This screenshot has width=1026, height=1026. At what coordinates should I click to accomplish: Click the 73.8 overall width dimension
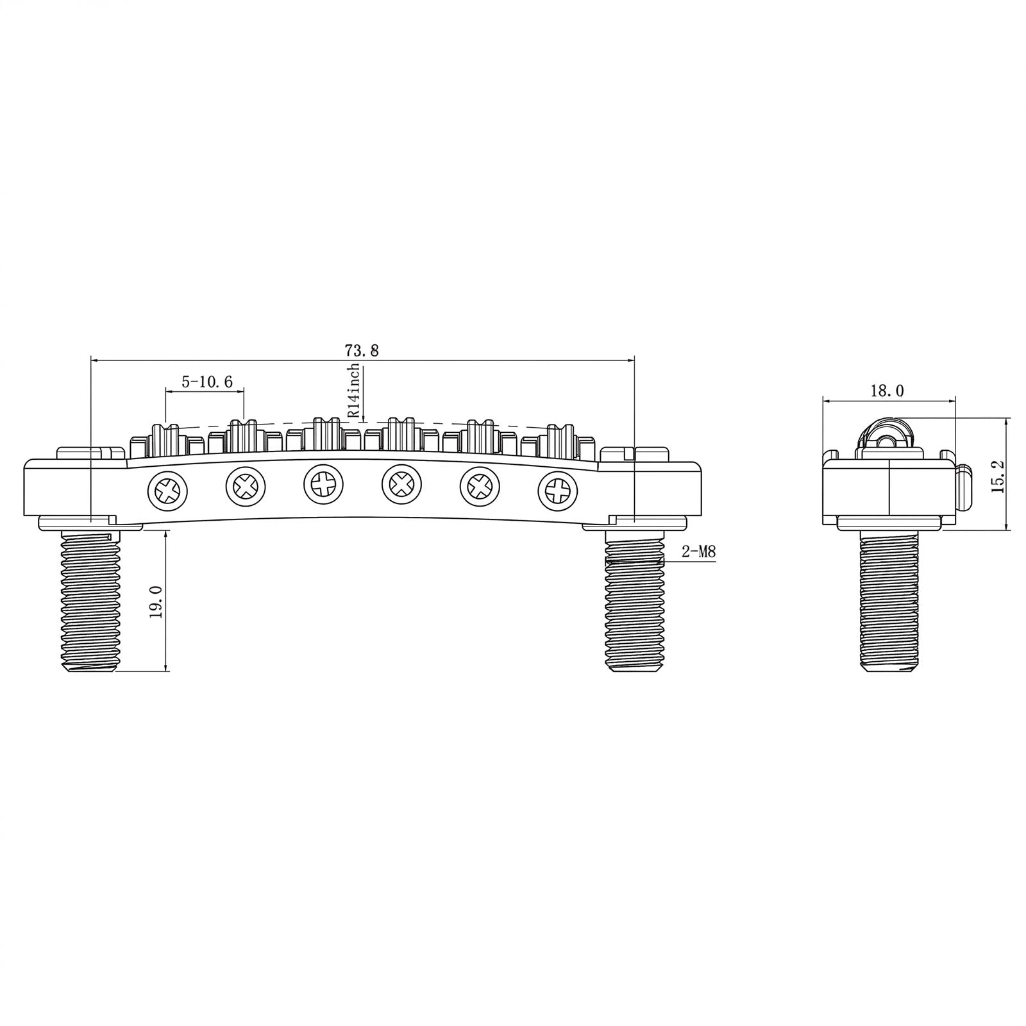pyautogui.click(x=362, y=350)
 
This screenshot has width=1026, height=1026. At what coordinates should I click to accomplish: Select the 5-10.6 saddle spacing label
pyautogui.click(x=206, y=382)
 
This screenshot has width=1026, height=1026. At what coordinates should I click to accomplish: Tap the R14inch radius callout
pyautogui.click(x=354, y=391)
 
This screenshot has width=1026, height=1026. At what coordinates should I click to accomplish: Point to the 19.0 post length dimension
pyautogui.click(x=156, y=601)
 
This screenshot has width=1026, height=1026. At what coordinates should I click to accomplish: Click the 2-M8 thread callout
pyautogui.click(x=698, y=551)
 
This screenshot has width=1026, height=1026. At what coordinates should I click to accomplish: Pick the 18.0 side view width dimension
pyautogui.click(x=887, y=391)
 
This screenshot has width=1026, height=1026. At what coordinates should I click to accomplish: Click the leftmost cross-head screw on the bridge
pyautogui.click(x=167, y=492)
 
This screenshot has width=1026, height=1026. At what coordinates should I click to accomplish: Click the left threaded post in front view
pyautogui.click(x=90, y=601)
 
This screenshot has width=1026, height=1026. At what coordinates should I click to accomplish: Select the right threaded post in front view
pyautogui.click(x=634, y=601)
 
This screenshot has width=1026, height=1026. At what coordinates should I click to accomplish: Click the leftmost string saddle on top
pyautogui.click(x=166, y=438)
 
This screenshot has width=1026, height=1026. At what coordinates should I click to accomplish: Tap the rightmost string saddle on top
pyautogui.click(x=559, y=438)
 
